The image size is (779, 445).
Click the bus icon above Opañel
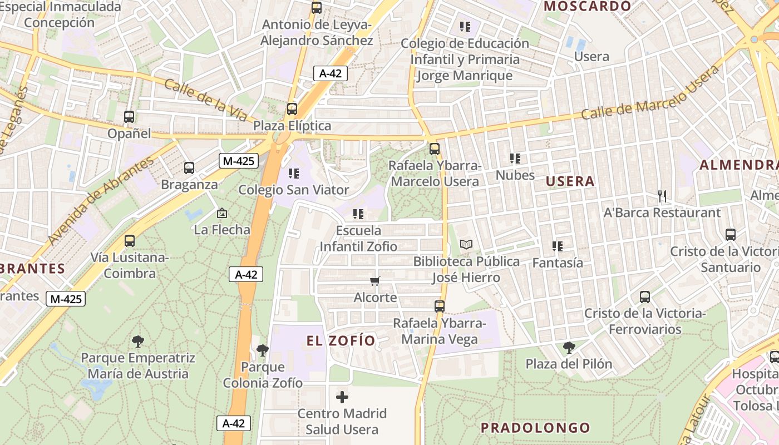129,117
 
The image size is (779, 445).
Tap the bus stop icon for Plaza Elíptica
292,109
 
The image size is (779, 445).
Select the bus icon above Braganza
189,168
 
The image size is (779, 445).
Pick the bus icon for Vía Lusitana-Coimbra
130,241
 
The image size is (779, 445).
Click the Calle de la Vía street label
206,101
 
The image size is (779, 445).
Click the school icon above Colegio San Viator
294,174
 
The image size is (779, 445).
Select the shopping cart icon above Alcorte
375,281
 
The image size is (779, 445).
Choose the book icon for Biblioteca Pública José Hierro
466,245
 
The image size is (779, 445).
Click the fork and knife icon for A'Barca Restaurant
662,196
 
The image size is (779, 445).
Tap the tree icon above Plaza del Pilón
569,348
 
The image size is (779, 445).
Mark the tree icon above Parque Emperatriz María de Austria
137,342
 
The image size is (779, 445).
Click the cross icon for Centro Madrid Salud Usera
342,397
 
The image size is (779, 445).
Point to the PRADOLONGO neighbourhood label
535,428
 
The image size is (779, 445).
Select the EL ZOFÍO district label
341,341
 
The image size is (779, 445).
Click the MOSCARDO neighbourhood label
588,7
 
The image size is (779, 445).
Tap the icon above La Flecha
222,213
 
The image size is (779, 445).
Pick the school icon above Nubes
515,159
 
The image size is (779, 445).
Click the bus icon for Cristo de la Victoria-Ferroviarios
645,297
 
